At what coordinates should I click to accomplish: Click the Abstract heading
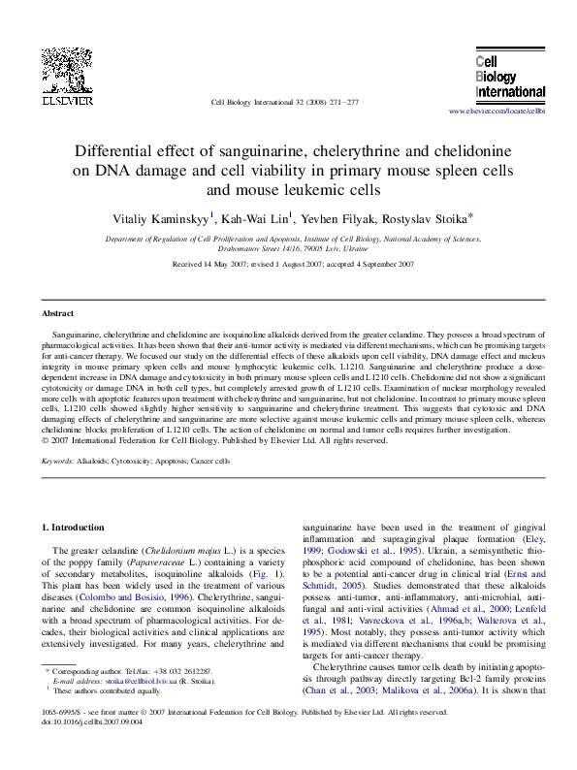58,313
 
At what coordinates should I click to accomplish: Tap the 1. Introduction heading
77,527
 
